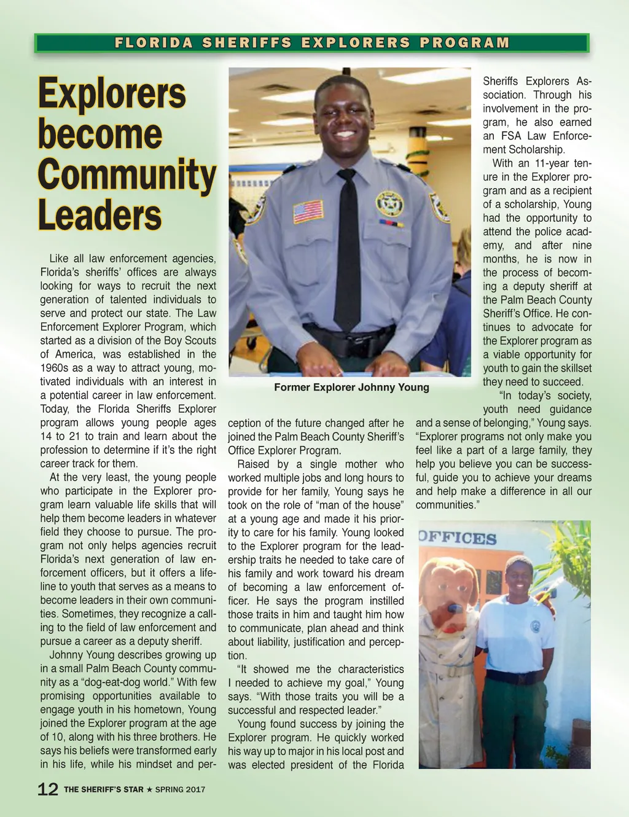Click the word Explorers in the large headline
coord(112,94)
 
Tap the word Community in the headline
coord(127,175)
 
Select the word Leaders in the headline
coord(100,215)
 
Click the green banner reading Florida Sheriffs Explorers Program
coord(312,43)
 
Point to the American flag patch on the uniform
coord(308,211)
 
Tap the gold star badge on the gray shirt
coord(389,203)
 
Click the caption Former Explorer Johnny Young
coord(351,387)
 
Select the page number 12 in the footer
coord(48,789)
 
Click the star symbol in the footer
coord(149,789)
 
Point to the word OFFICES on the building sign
coord(458,538)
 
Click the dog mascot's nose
coord(455,608)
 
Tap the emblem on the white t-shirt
coord(534,627)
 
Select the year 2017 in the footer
coord(195,789)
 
